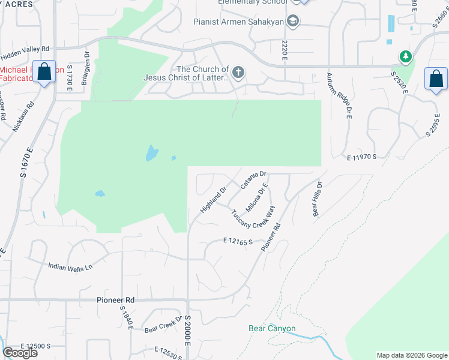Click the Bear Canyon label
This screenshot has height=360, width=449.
273,328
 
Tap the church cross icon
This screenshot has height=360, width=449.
238,74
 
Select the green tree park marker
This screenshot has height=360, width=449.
406,57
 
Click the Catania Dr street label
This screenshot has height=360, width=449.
253,179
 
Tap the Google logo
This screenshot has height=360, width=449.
20,353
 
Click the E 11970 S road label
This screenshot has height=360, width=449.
361,157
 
